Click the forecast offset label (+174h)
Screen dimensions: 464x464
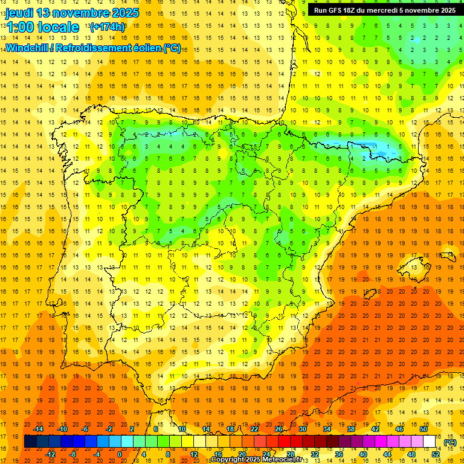coord(107,27)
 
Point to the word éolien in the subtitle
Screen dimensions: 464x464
coord(147,48)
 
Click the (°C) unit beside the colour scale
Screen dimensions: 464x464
coord(450,442)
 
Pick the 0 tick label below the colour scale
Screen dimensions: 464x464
coord(120,454)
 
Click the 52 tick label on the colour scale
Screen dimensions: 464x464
coord(436,454)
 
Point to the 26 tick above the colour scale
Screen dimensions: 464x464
coord(279,429)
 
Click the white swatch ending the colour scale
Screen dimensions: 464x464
coord(430,442)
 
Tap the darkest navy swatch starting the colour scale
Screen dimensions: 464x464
coord(30,442)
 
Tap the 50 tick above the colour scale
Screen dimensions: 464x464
coord(423,429)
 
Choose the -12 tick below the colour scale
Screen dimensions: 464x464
coord(51,454)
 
